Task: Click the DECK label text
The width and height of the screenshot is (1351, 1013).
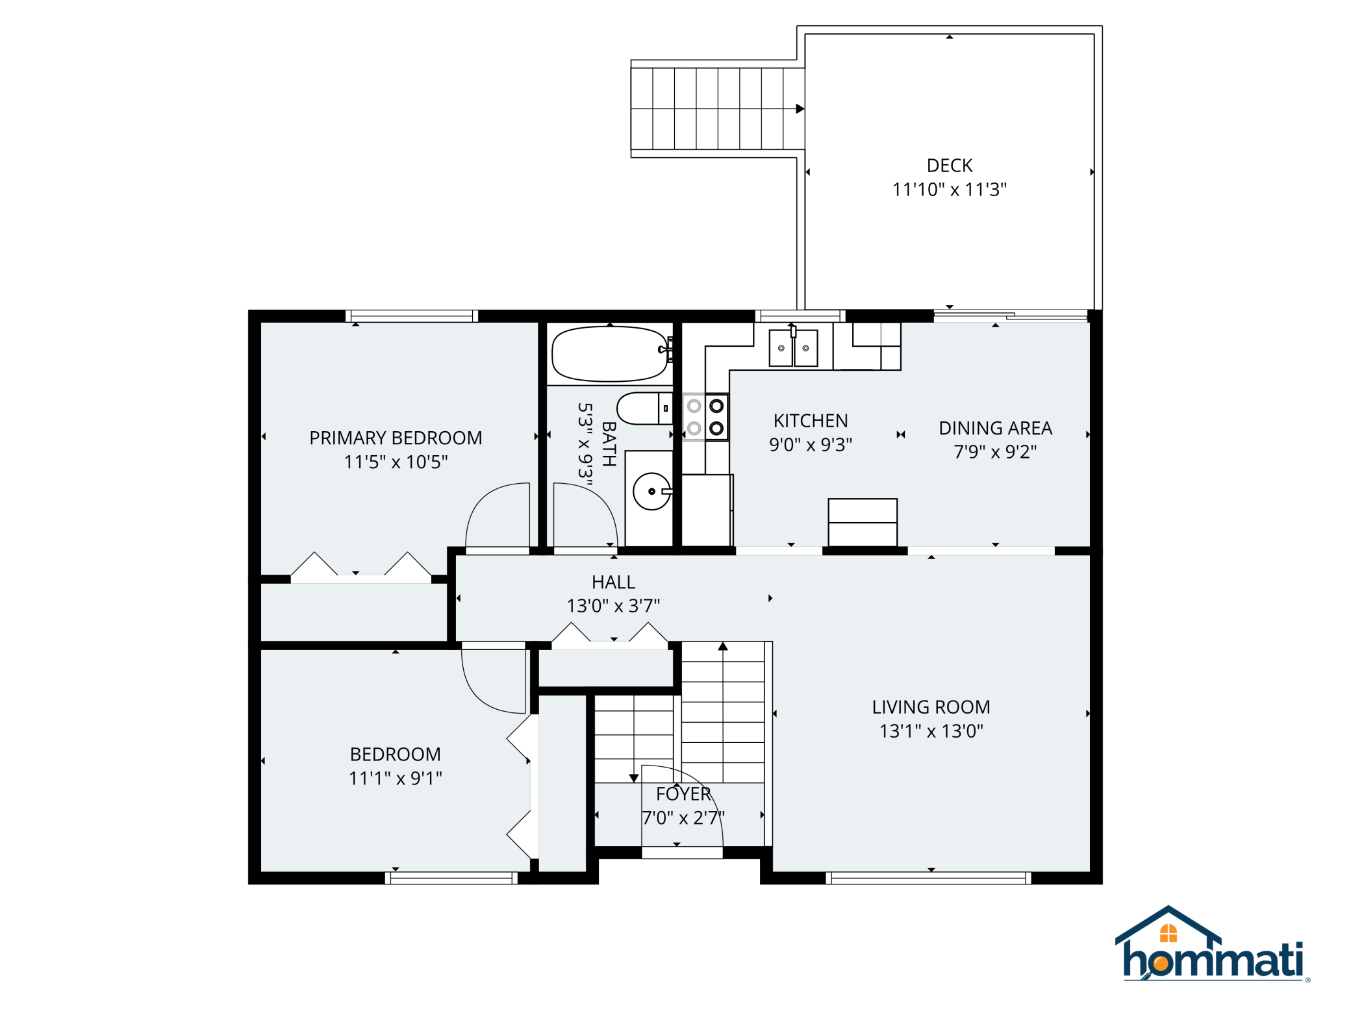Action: [949, 166]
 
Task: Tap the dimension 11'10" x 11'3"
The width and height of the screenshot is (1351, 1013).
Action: [949, 190]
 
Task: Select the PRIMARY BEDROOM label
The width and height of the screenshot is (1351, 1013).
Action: [396, 438]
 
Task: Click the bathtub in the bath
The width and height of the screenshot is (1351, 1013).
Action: [609, 354]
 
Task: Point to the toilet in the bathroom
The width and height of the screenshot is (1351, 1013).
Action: [644, 408]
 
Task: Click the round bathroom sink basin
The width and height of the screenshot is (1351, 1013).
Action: [651, 492]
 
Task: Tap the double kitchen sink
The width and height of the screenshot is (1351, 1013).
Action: [793, 348]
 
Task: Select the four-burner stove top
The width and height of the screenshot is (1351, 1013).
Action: [705, 417]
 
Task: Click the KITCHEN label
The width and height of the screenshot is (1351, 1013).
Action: [811, 421]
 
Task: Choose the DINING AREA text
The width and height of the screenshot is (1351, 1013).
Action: [995, 428]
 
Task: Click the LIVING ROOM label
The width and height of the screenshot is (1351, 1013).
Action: [931, 707]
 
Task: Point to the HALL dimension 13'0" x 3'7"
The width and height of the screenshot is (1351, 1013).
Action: [613, 606]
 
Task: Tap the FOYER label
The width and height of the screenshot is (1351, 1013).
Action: [683, 794]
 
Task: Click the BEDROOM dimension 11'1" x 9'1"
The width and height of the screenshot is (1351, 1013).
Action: [396, 778]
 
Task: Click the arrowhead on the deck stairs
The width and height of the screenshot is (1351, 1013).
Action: [800, 108]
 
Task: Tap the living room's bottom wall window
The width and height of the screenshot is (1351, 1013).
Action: [928, 878]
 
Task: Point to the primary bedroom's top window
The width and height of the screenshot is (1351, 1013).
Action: [412, 316]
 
